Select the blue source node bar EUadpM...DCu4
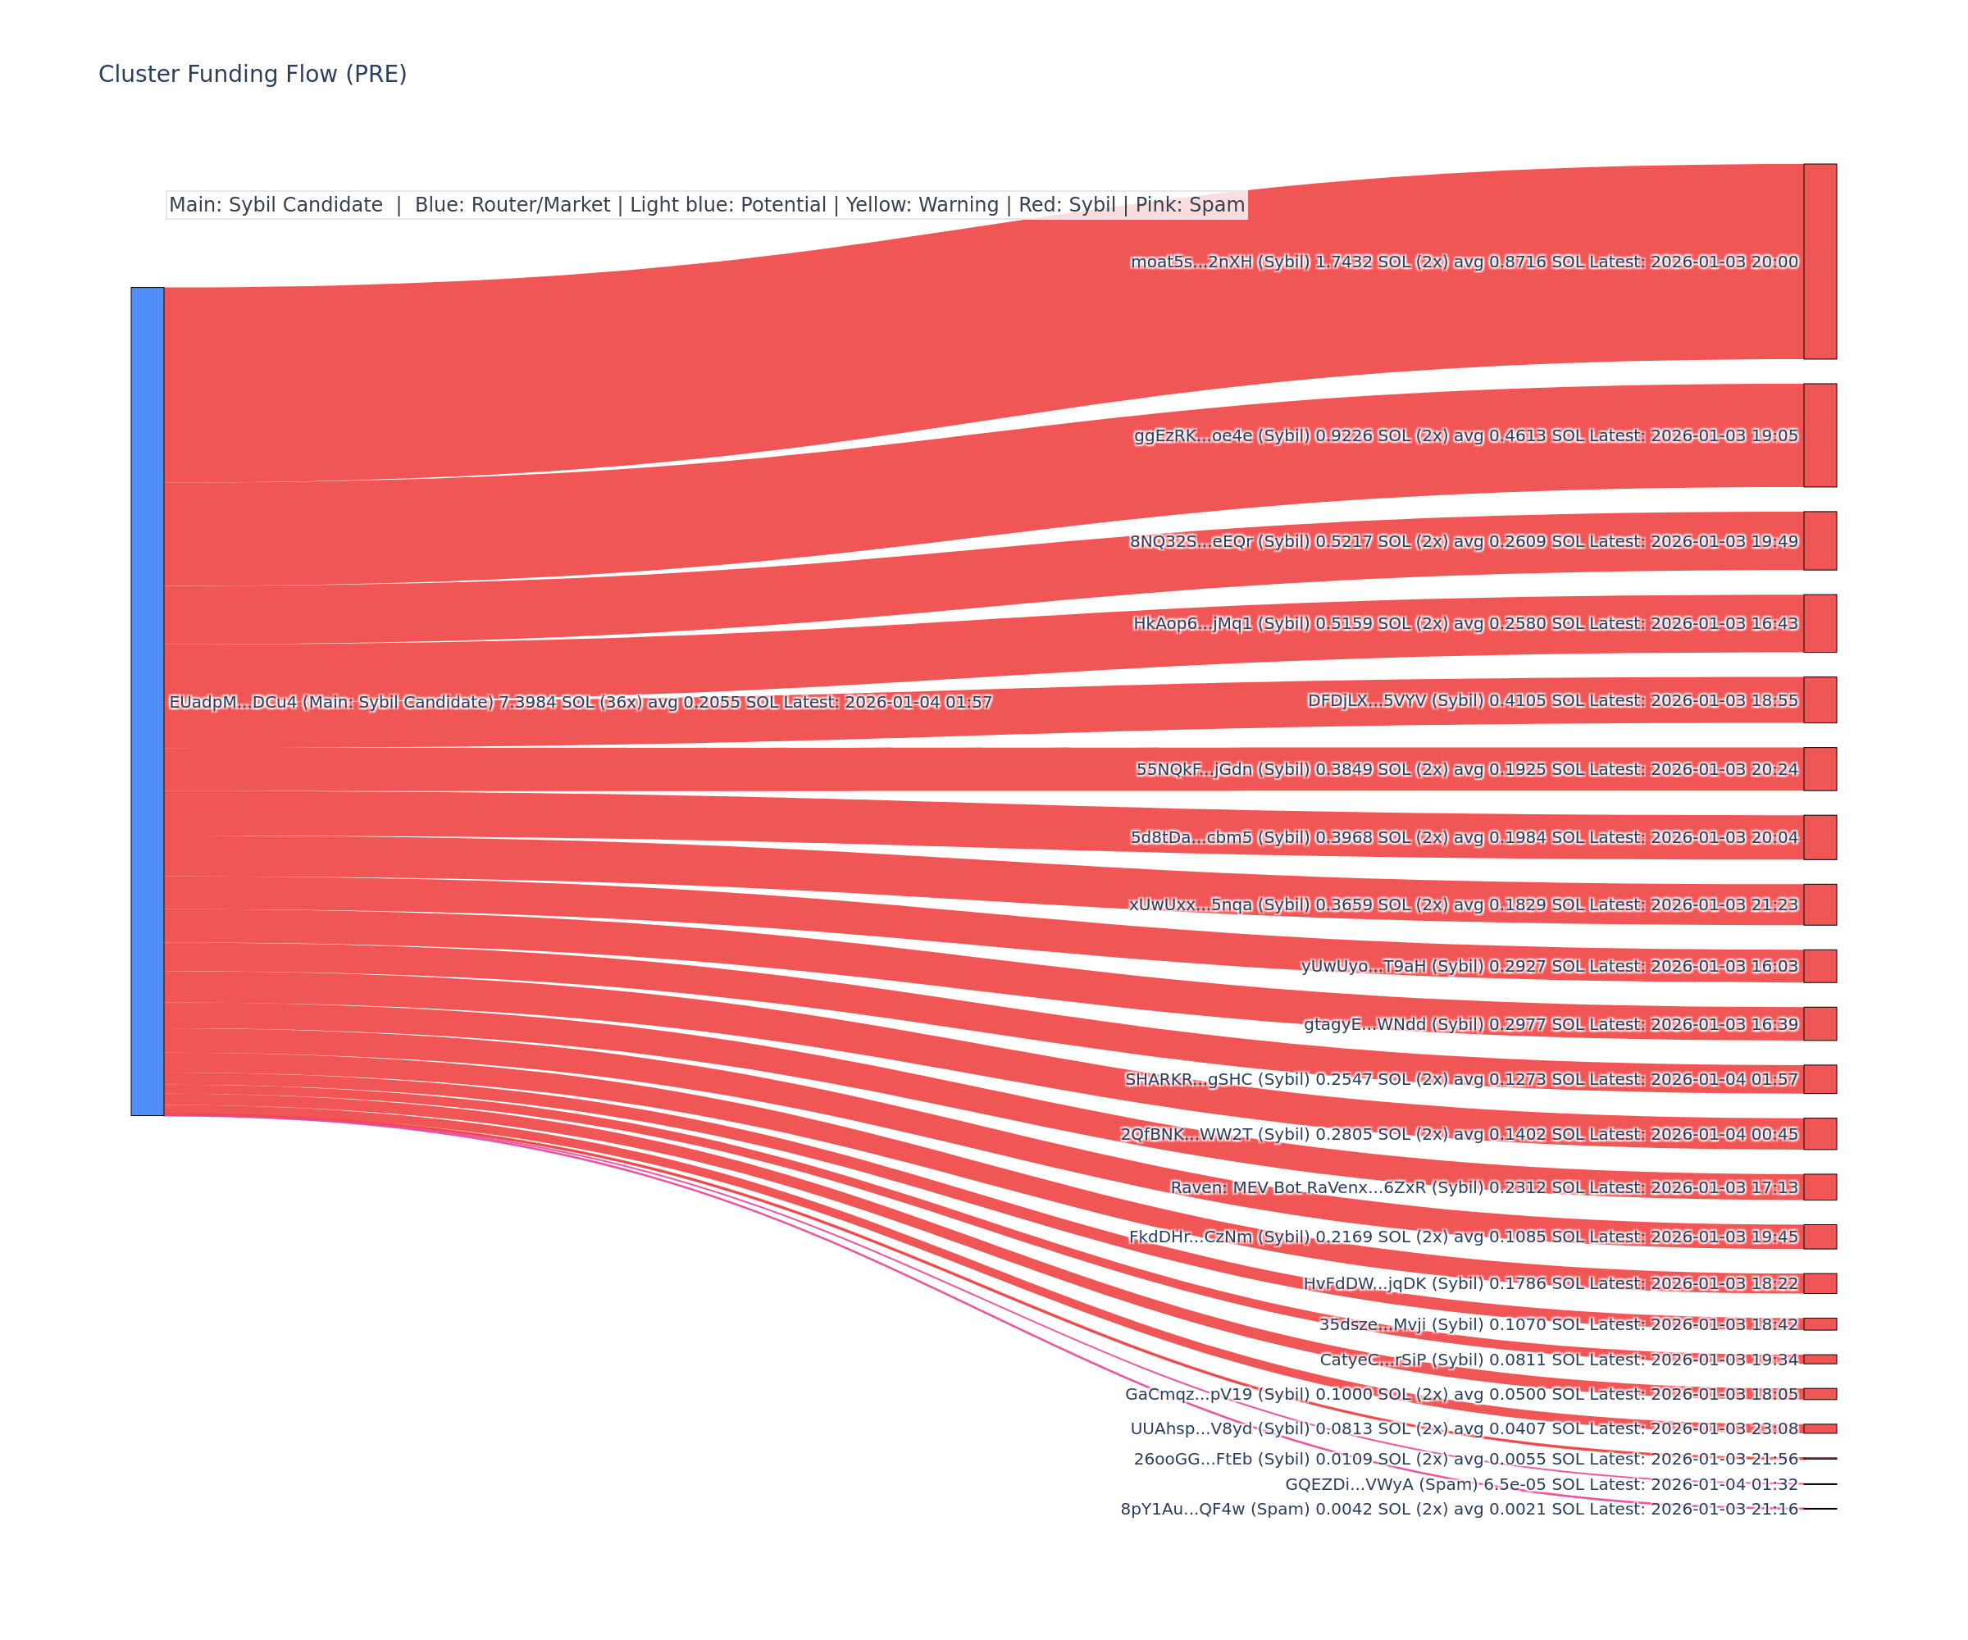tap(147, 701)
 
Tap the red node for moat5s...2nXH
tap(1820, 262)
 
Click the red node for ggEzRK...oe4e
tap(1820, 435)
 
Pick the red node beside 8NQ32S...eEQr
tap(1820, 540)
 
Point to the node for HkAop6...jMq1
tap(1820, 623)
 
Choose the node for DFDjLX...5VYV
tap(1820, 700)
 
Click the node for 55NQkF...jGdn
tap(1820, 769)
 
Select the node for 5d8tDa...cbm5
tap(1820, 837)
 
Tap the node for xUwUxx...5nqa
tap(1820, 904)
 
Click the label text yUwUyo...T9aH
tap(1549, 966)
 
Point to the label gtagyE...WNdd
tap(1551, 1024)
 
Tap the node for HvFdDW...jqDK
tap(1820, 1283)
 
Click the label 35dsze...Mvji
tap(1559, 1324)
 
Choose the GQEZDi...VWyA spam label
tap(1541, 1484)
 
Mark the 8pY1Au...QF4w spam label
tap(1459, 1509)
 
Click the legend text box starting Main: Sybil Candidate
tap(707, 205)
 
